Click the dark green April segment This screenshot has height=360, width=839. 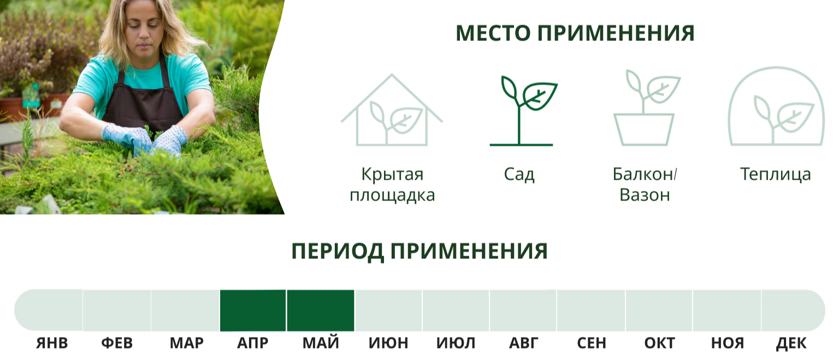pos(253,310)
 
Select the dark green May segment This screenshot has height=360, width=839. pos(321,310)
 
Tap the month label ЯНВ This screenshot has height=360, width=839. pos(52,343)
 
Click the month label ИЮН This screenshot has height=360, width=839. pos(388,343)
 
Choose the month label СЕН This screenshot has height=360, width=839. pos(592,343)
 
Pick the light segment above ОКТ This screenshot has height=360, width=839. pos(659,310)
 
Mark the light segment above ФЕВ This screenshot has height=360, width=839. pos(117,310)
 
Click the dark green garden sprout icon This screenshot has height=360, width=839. pos(523,111)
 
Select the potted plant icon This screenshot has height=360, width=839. pos(646,108)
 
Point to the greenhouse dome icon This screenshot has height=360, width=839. pos(776,107)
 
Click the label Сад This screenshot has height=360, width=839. pos(519,175)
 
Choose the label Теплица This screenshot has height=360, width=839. pos(775,175)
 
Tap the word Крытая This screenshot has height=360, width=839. pos(392,175)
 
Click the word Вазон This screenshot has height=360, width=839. pos(645,195)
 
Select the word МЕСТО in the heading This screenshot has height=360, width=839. pos(493,33)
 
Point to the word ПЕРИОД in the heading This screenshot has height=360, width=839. pos(338,251)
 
